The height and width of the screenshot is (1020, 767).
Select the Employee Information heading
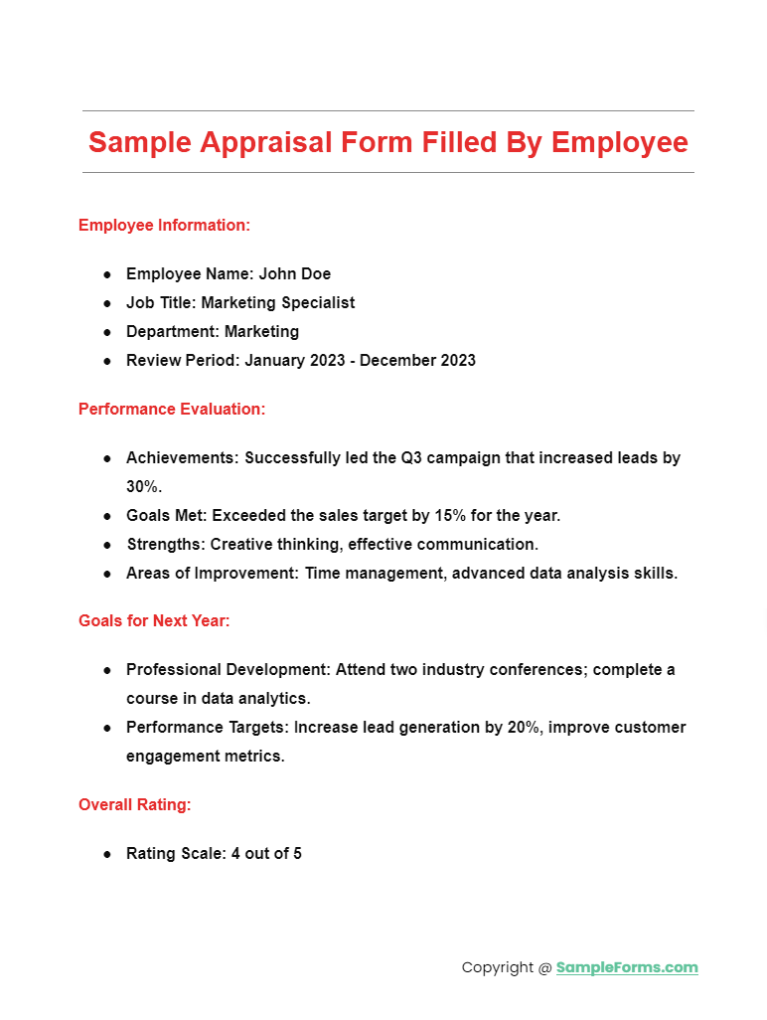164,226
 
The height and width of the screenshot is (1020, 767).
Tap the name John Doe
295,273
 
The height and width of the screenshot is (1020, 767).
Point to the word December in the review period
395,360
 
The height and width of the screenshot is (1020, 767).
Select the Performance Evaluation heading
172,409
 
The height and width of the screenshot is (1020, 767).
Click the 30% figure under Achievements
143,487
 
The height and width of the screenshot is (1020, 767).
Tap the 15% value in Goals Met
459,516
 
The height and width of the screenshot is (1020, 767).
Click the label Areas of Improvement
211,574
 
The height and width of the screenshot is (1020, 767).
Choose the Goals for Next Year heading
154,621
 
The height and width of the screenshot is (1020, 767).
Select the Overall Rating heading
135,805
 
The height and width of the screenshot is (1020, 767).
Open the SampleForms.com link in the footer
627,967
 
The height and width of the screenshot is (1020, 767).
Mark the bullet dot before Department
107,332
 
